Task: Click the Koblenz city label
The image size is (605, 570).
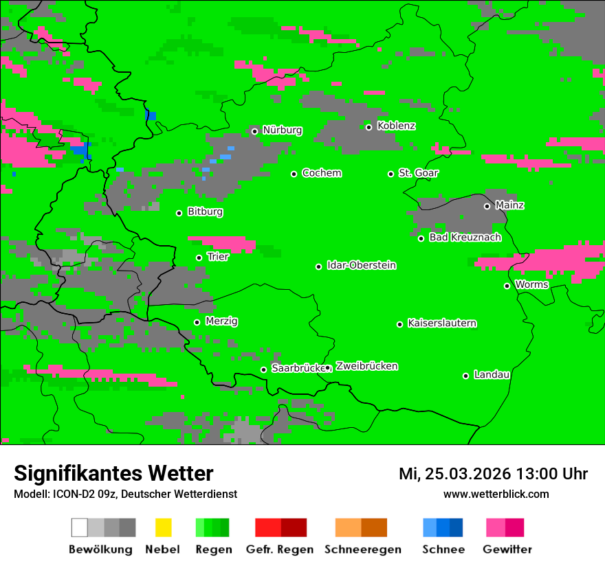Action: (x=396, y=126)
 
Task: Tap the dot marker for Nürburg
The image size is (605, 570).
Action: (x=254, y=131)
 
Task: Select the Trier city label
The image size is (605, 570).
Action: (x=218, y=257)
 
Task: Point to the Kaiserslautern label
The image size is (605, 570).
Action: (x=442, y=323)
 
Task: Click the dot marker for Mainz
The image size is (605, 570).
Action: (x=487, y=206)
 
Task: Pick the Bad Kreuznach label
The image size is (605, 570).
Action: (x=465, y=238)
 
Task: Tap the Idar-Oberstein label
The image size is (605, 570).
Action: (x=362, y=266)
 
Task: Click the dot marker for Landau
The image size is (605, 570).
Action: (x=465, y=376)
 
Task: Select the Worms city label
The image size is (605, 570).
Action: (x=531, y=285)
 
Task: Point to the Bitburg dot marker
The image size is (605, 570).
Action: (x=179, y=213)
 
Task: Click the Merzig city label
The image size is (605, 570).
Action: (x=221, y=321)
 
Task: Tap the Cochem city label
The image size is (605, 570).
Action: (x=322, y=173)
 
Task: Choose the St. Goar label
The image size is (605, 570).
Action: (x=419, y=173)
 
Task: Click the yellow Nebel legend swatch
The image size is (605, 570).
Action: (x=163, y=527)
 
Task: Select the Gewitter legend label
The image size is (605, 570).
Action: (x=507, y=549)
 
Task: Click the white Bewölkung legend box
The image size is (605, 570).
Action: (x=80, y=527)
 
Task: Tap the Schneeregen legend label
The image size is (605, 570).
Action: (x=363, y=549)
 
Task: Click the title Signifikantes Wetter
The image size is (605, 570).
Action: (x=113, y=473)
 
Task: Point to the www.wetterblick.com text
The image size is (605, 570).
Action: (x=496, y=494)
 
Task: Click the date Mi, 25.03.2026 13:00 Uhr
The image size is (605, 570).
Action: (x=493, y=474)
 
